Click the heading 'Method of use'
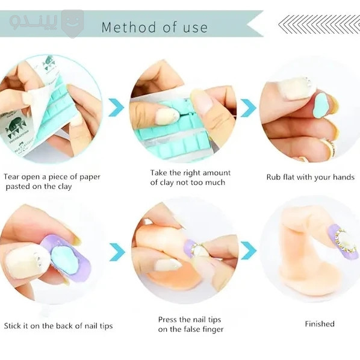[155, 27]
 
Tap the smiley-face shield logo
[73, 23]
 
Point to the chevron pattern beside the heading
[319, 24]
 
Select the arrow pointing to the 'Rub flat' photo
[248, 108]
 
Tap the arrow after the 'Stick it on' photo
[117, 252]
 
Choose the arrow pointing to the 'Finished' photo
[249, 250]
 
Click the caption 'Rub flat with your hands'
[311, 177]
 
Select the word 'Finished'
[320, 324]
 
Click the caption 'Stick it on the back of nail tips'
[58, 326]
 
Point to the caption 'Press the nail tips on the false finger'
[191, 324]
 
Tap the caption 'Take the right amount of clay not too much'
[190, 178]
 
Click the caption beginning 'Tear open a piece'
[52, 182]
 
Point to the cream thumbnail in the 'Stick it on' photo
[25, 261]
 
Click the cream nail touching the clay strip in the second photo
[166, 116]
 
